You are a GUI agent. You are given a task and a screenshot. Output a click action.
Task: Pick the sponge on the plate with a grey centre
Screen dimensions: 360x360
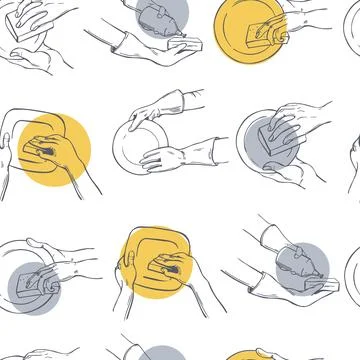[x=274, y=134]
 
